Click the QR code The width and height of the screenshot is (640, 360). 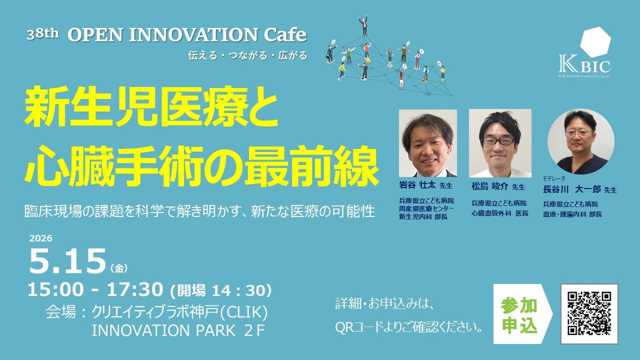tap(589, 313)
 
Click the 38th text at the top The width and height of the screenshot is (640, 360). tap(43, 35)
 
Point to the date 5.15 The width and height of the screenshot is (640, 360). tap(67, 261)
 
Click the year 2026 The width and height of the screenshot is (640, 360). tap(40, 238)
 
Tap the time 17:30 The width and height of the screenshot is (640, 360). tap(135, 289)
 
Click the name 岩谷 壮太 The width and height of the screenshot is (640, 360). tap(417, 185)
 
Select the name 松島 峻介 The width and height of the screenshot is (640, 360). tap(489, 186)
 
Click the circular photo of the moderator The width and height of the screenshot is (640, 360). tap(581, 141)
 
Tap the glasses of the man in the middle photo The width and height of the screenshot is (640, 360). tap(498, 140)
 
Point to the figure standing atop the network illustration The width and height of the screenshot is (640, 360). tap(363, 25)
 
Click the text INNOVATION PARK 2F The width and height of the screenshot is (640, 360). tap(177, 330)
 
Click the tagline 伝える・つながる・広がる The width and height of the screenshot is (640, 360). tap(247, 55)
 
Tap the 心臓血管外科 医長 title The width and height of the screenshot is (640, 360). tap(499, 213)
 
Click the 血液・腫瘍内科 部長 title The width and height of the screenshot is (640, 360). tap(572, 214)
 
